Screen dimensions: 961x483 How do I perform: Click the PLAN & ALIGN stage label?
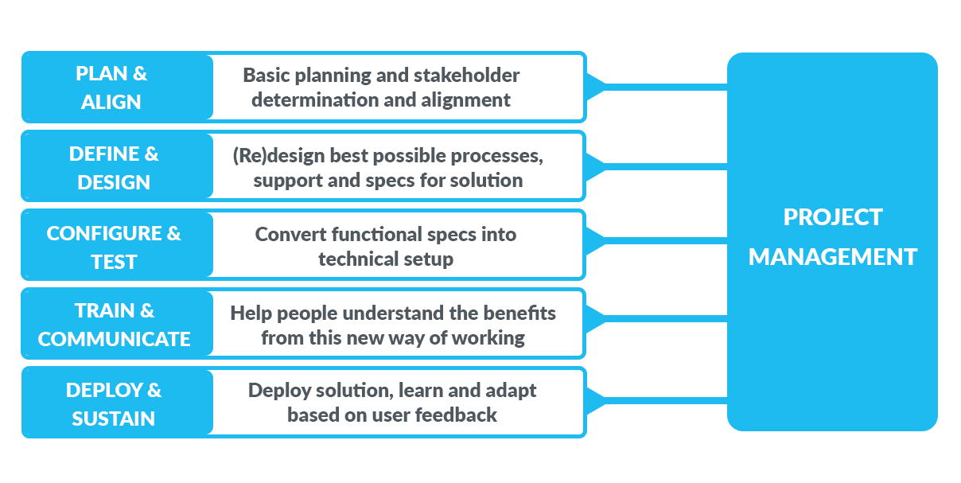(112, 88)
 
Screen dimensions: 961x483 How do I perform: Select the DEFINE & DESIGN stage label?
(114, 167)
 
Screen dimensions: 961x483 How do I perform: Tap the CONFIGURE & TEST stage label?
(114, 247)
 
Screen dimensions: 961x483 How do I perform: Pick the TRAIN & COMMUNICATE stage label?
(114, 325)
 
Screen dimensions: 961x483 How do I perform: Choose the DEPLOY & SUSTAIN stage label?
(114, 403)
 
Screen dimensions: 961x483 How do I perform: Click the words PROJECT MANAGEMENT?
(832, 237)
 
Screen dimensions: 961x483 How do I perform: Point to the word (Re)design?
(271, 155)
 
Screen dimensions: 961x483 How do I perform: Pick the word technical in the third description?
(353, 259)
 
